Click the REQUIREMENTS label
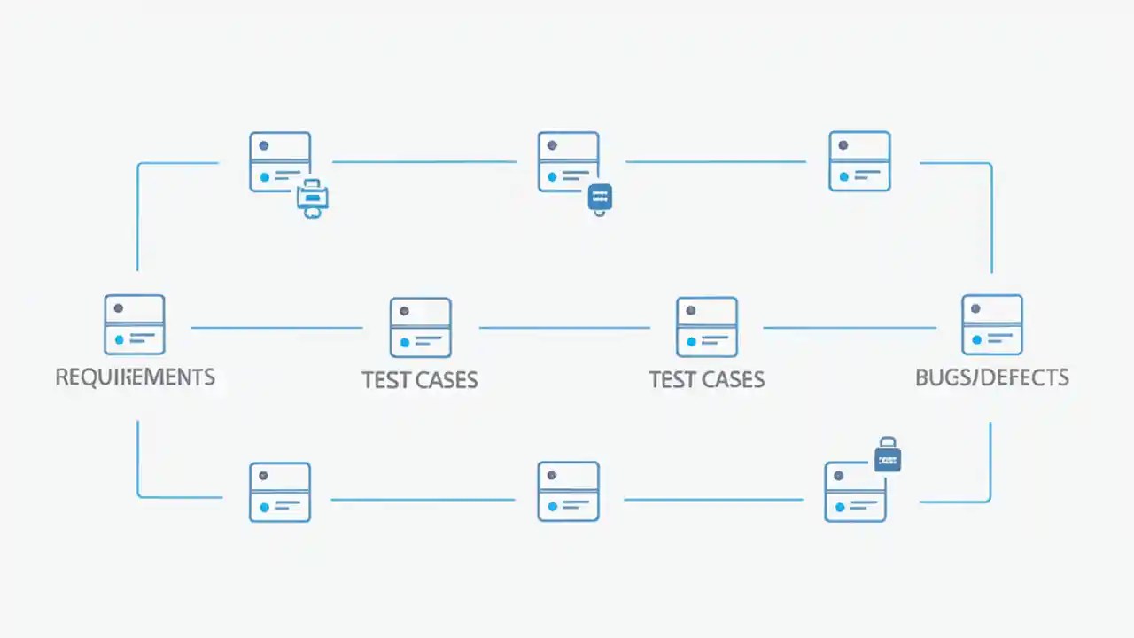pos(135,377)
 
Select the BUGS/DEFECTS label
pos(991,377)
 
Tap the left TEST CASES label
pos(420,380)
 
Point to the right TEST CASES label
pos(706,380)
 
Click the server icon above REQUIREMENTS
pos(135,325)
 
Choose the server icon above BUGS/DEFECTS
pos(992,325)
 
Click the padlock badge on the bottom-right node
pos(887,456)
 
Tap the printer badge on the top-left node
pos(312,197)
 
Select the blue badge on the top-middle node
pos(600,197)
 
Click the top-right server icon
pos(859,161)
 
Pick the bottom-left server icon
pos(280,492)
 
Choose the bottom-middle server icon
pos(568,491)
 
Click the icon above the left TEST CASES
pos(421,327)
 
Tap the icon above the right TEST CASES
pos(707,327)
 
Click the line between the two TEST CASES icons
pos(564,328)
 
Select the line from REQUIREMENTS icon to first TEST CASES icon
pos(276,328)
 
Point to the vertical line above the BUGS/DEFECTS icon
pos(991,217)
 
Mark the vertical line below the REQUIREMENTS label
pos(138,456)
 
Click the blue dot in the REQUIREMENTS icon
pos(120,339)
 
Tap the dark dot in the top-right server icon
pos(843,145)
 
